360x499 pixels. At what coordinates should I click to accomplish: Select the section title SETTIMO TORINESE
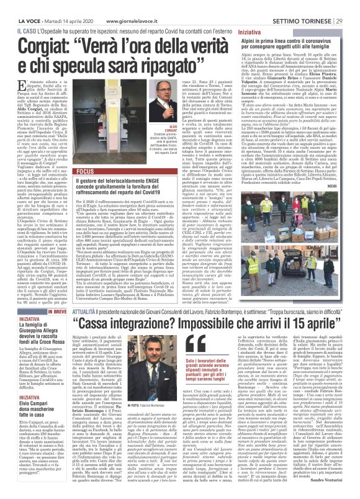[306, 5]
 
